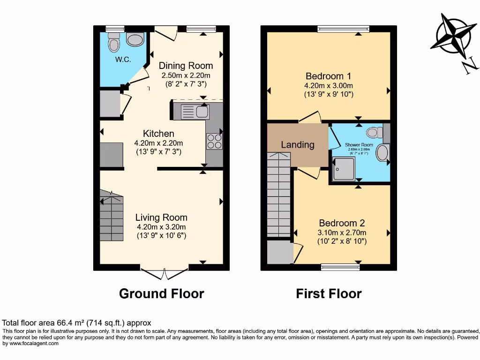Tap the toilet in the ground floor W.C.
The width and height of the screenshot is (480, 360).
pos(113,42)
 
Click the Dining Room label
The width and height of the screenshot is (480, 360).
pos(186,66)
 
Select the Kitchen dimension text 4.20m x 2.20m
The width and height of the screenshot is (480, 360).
pos(159,143)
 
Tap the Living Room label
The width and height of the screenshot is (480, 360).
pos(161,217)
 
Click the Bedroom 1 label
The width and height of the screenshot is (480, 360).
pos(328,76)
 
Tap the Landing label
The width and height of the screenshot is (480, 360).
pos(298,145)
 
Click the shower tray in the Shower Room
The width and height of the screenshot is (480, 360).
pos(343,169)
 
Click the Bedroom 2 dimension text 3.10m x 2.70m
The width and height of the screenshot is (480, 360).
pos(342,232)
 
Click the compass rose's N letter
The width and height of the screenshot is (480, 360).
pos(467,67)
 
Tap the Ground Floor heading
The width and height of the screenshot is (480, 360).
pos(161,294)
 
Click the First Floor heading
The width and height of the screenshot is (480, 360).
pos(329,294)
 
